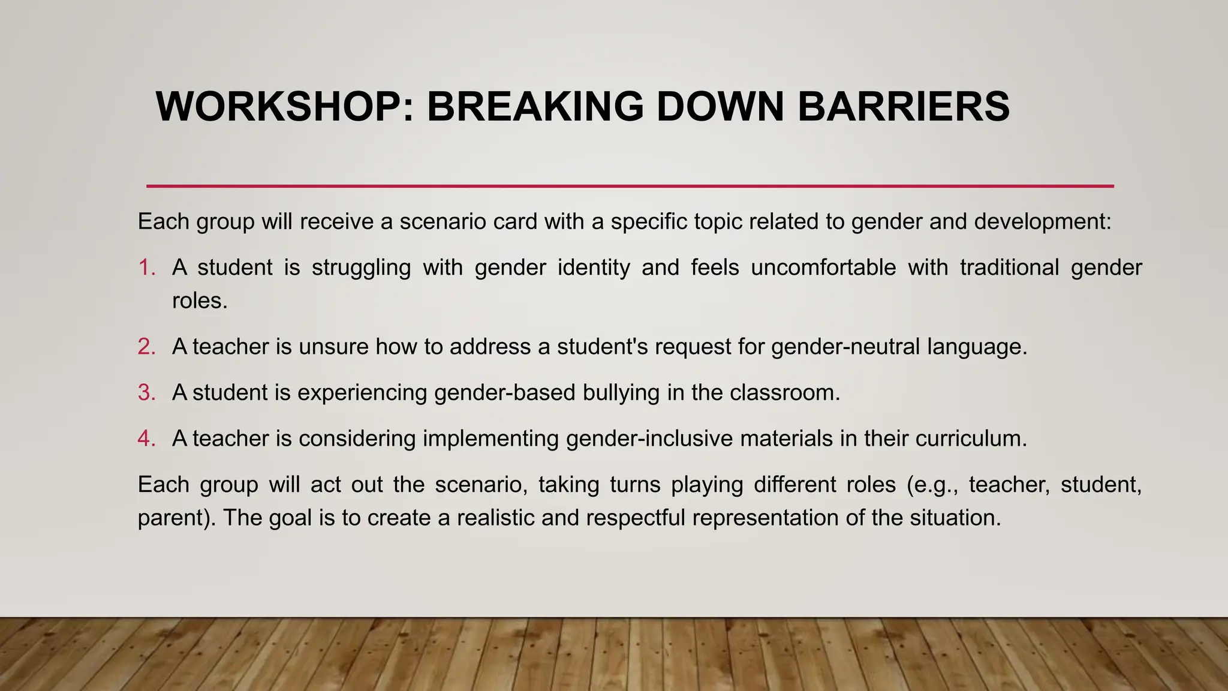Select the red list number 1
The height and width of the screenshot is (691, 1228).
coord(146,268)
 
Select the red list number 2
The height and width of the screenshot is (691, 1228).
coord(146,347)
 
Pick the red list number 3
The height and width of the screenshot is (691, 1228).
coord(146,393)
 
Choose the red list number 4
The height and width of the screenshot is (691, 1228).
coord(146,438)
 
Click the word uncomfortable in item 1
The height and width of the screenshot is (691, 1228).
coord(823,268)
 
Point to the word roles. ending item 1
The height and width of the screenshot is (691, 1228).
coord(200,301)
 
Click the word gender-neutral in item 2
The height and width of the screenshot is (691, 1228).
coord(845,347)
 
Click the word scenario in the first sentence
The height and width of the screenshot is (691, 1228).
coord(443,222)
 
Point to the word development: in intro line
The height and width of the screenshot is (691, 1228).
coord(1043,222)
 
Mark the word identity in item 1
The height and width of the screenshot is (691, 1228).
coord(594,268)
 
